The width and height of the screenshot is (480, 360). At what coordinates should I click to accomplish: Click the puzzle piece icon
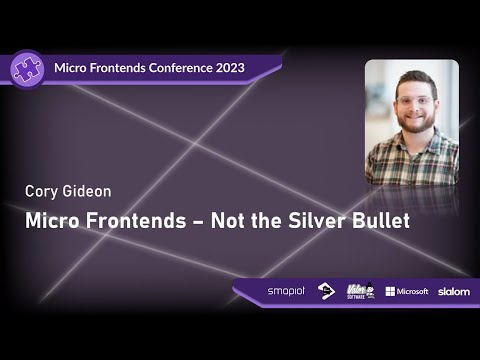tap(26, 67)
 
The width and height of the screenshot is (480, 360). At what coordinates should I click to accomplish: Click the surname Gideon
tap(91, 191)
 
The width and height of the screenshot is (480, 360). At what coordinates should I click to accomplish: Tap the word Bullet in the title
tap(379, 221)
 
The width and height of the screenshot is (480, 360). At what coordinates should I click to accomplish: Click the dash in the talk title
tap(186, 222)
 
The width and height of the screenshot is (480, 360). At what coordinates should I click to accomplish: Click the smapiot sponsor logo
tap(286, 291)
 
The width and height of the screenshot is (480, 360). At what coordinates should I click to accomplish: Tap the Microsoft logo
tap(407, 291)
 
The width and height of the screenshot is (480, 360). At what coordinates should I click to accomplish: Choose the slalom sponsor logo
tap(453, 291)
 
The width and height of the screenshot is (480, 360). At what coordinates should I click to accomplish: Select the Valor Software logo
tap(360, 291)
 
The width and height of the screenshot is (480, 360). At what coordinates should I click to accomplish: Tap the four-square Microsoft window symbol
tap(390, 291)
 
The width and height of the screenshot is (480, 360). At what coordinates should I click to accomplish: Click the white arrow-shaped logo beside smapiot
tap(326, 291)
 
